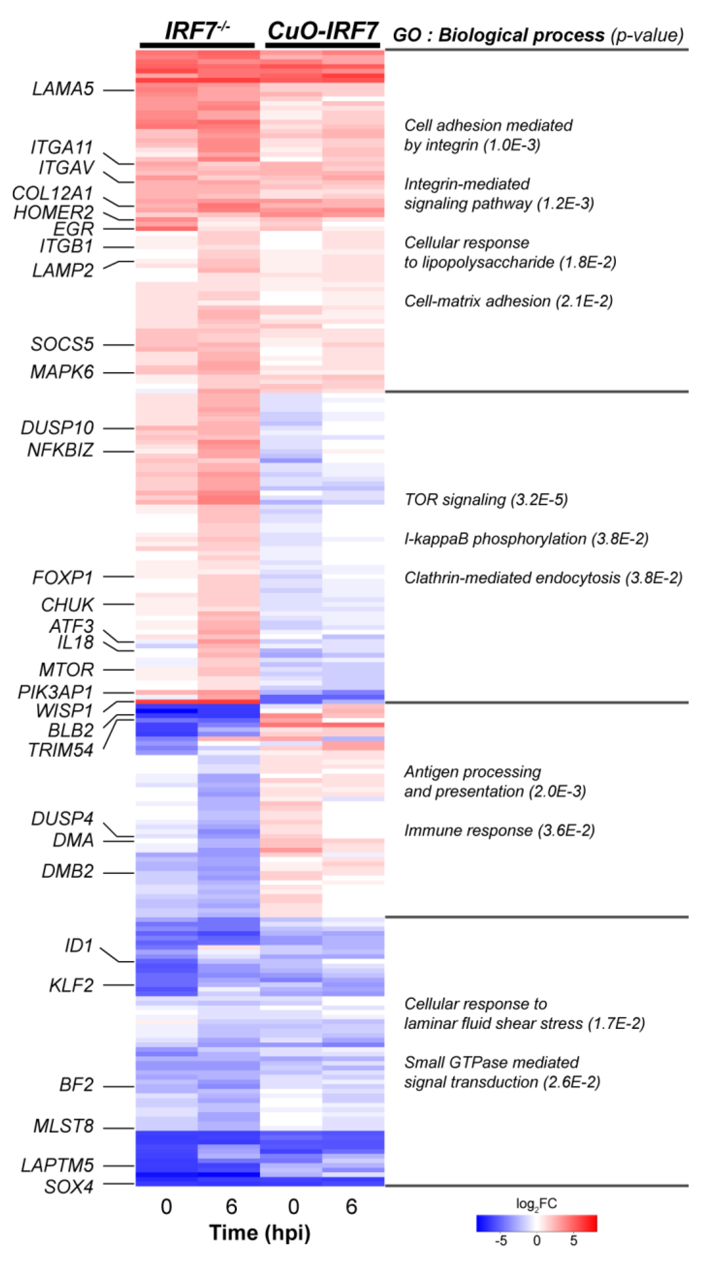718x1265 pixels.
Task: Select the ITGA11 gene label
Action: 62,147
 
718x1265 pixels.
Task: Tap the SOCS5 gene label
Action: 62,344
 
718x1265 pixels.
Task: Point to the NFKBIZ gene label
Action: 60,450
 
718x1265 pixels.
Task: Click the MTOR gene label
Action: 66,669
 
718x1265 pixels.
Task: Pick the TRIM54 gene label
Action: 61,750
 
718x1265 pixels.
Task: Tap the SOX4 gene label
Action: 69,1186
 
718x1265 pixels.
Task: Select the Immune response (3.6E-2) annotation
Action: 499,830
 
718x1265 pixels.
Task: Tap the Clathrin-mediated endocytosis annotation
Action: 543,577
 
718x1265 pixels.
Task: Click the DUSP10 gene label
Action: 57,427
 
